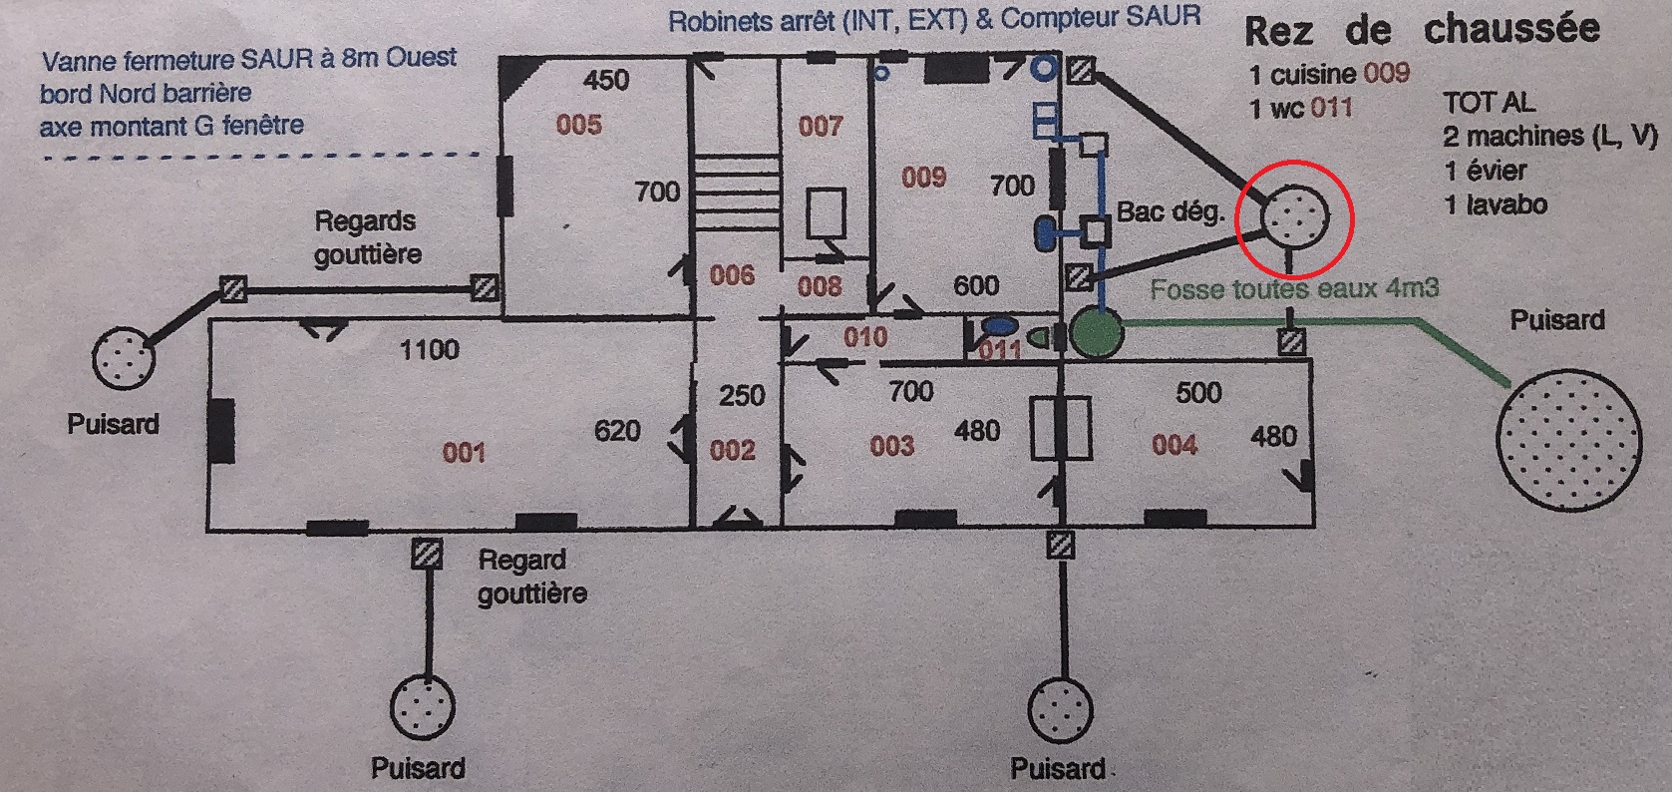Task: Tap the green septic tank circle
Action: [1097, 333]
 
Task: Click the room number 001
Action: [464, 453]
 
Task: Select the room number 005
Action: [579, 125]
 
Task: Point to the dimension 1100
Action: [429, 349]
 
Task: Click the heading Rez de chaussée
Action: [1422, 31]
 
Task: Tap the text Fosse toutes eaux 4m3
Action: [1294, 289]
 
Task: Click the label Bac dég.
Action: [1169, 212]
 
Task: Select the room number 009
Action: [923, 178]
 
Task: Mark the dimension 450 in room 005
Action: [606, 79]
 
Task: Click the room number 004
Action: [1173, 444]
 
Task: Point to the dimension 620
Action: [616, 430]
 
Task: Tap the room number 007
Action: [821, 126]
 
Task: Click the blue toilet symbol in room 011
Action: [996, 325]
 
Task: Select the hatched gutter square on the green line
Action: [1291, 342]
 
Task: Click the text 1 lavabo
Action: [1497, 204]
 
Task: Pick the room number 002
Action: [732, 450]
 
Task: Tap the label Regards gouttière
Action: [367, 237]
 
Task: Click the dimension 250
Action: [742, 395]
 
